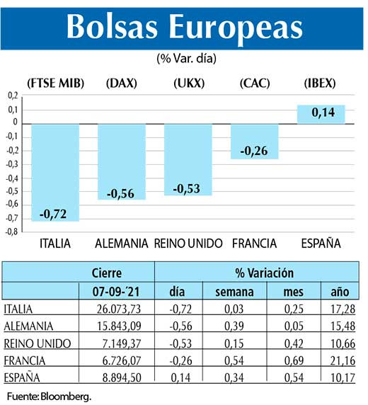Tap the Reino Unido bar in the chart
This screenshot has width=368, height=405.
point(188,159)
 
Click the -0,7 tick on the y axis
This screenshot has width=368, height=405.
point(12,218)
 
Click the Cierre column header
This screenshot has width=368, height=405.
point(107,272)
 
